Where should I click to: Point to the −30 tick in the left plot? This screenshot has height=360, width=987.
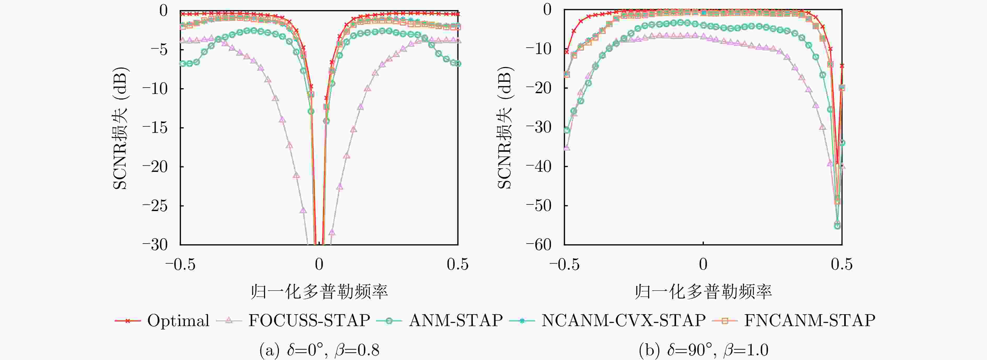(155, 244)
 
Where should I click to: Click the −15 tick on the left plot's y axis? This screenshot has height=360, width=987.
(155, 128)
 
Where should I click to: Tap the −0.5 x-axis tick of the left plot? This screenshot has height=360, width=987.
(180, 265)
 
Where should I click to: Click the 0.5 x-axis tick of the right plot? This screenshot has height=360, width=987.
(841, 265)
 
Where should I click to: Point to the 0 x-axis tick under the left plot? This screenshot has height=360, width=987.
(319, 265)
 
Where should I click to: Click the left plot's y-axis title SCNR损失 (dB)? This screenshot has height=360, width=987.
(120, 128)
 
